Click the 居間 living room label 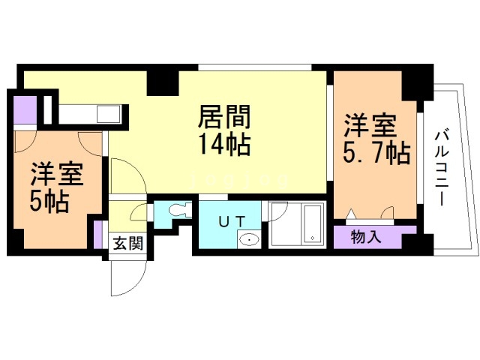(x=224, y=116)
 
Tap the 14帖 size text (x=224, y=145)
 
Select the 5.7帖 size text (x=376, y=153)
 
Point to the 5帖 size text (x=49, y=202)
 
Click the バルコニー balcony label (x=442, y=168)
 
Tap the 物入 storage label (x=367, y=237)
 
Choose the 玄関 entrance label (x=128, y=244)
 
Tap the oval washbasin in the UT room (x=250, y=239)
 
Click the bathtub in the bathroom (x=312, y=224)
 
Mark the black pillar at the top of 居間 (x=163, y=82)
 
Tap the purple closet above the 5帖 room (x=25, y=109)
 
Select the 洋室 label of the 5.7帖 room (x=370, y=125)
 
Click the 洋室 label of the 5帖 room (x=57, y=175)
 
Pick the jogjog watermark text (x=239, y=181)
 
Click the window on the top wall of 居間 (x=255, y=67)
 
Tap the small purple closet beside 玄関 (x=98, y=234)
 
